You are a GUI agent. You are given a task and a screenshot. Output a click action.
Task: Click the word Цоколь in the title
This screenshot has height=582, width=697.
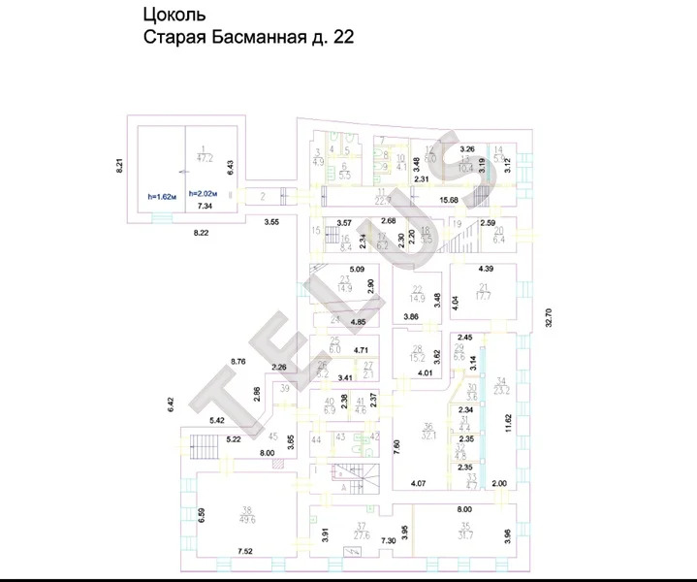(173, 15)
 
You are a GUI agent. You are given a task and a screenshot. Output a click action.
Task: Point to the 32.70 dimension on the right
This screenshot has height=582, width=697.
(548, 318)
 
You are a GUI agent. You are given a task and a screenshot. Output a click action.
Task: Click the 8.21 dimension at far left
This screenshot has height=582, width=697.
(119, 165)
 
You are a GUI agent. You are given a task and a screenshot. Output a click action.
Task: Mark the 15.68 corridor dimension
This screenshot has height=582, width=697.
(450, 200)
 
